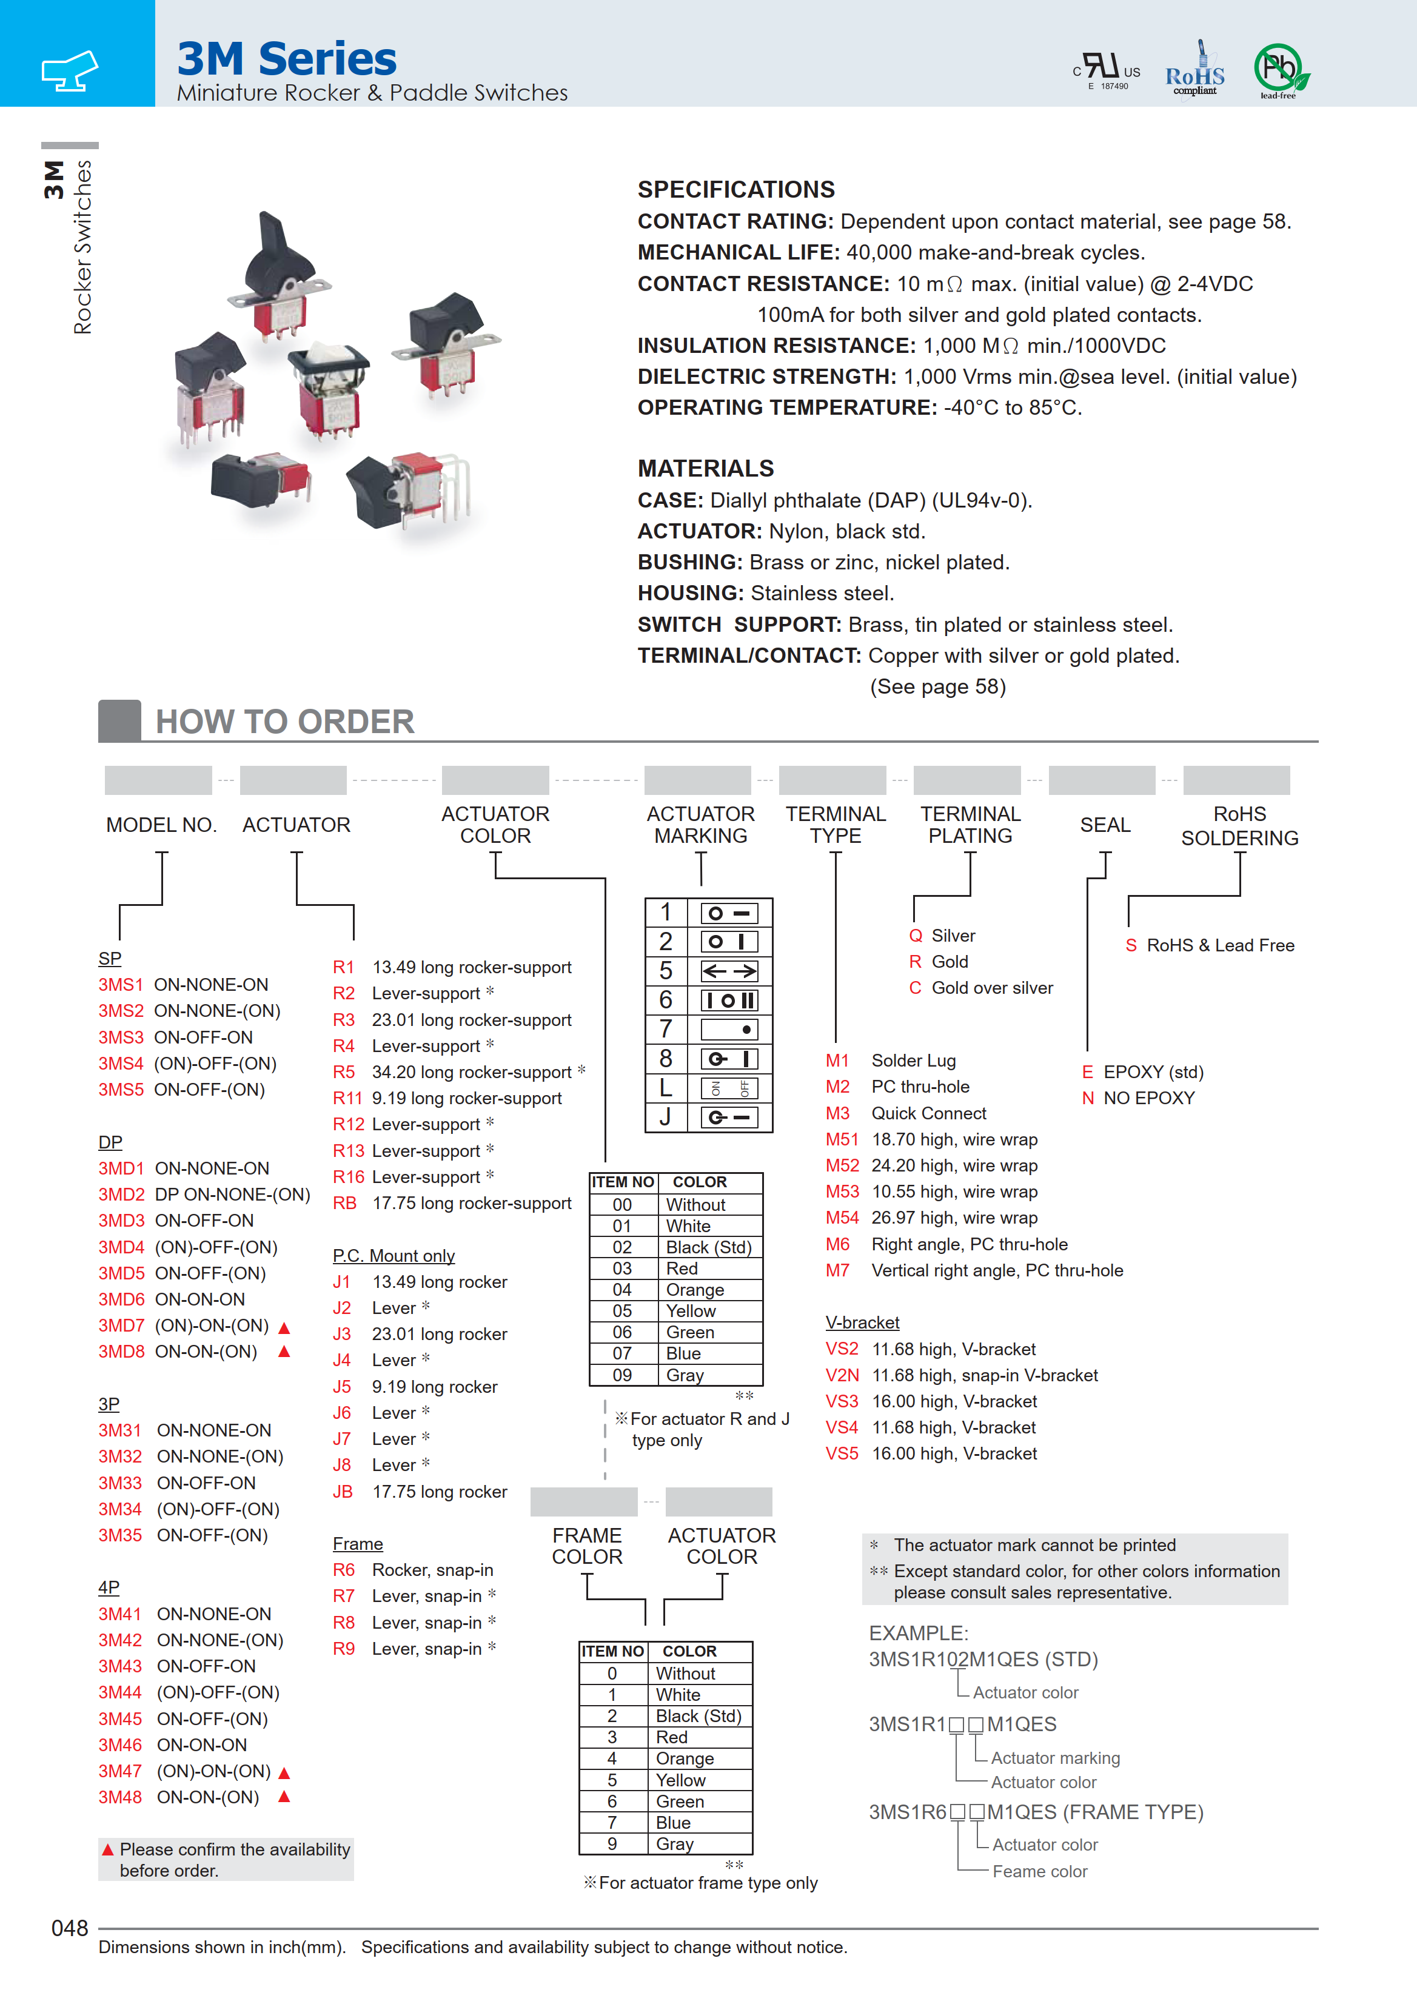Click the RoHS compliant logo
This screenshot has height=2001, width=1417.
[1194, 70]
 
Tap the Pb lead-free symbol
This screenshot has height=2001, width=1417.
[1280, 69]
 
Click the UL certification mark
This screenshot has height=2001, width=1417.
[1107, 70]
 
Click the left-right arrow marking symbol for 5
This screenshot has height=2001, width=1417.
[729, 971]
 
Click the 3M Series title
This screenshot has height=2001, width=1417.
[286, 59]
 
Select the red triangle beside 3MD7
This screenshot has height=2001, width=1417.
[284, 1327]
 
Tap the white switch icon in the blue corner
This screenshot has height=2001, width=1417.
[70, 70]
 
